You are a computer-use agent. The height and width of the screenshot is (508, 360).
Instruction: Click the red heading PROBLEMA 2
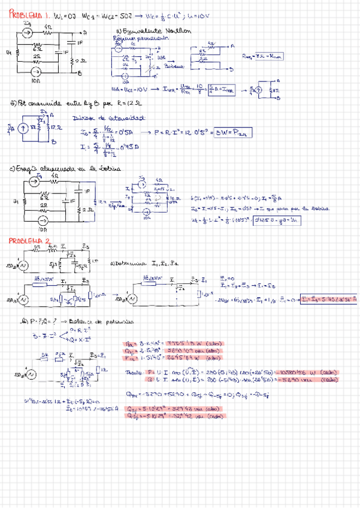28,241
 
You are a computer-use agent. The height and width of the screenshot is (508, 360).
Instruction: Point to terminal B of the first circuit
80,74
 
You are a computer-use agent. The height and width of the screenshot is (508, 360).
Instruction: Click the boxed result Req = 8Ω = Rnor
263,56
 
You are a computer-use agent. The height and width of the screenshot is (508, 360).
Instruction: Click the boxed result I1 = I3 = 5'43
328,298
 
